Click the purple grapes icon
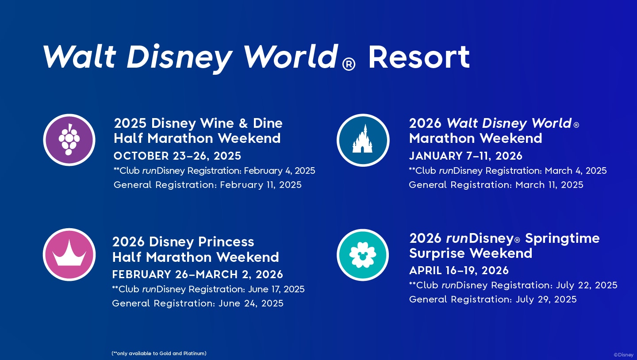[x=69, y=140]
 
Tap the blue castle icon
[x=363, y=140]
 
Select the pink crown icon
[x=69, y=255]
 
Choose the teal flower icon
[x=363, y=255]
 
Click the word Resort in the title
[x=418, y=57]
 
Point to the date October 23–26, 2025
[x=177, y=156]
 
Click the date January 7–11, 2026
[x=465, y=156]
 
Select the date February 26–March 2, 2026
[x=197, y=275]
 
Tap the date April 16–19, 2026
[x=459, y=271]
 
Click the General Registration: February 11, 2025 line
[x=207, y=185]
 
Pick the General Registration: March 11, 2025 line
[x=496, y=185]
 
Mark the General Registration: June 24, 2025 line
[x=198, y=303]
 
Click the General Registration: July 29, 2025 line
[x=493, y=299]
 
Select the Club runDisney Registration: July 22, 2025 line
[x=513, y=285]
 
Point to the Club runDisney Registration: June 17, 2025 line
[x=208, y=289]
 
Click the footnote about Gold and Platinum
[x=159, y=353]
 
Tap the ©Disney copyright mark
[x=623, y=355]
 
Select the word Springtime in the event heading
[x=562, y=238]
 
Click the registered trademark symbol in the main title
[x=349, y=65]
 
